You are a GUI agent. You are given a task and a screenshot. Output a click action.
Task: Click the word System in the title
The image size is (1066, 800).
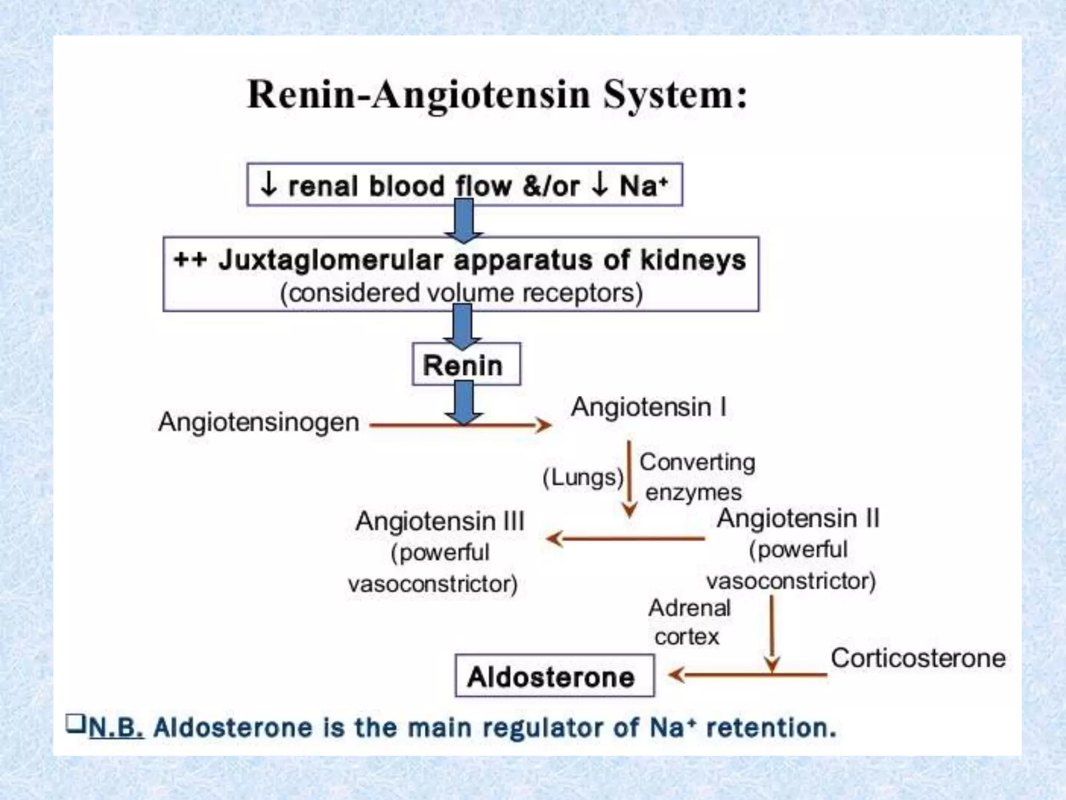tap(675, 95)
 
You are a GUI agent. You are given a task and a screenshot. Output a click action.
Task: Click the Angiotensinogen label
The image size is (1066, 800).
tap(259, 422)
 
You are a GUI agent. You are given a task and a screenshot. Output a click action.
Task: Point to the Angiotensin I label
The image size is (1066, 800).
tap(649, 407)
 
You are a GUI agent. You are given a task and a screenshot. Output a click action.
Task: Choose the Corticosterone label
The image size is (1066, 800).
tap(918, 658)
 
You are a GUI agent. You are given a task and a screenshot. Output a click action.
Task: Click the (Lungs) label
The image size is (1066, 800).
tap(582, 477)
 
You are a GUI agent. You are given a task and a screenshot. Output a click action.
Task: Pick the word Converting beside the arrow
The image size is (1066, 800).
tap(697, 462)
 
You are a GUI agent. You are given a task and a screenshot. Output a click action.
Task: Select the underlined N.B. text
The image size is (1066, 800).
tap(116, 727)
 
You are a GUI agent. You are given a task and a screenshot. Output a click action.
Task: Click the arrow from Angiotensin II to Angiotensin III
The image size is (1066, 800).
tap(625, 539)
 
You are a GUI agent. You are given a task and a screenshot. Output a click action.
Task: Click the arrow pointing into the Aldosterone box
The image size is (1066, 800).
tap(744, 675)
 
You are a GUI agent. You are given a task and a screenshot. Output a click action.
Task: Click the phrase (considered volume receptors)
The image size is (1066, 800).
tap(461, 293)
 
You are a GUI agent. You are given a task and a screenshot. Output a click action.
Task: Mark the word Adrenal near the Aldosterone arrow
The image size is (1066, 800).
tap(689, 608)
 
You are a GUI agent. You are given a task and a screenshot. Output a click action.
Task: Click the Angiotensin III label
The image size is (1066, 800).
tap(440, 521)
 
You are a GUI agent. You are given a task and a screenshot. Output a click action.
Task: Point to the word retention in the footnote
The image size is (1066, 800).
tap(770, 727)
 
